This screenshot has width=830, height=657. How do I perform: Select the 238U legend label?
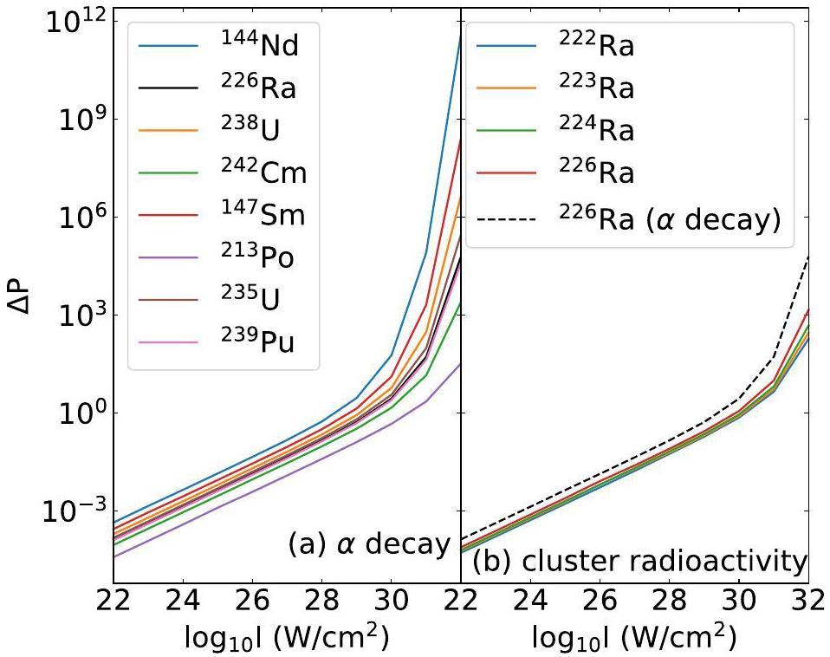pos(252,130)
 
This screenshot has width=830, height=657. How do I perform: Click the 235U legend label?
pos(251,300)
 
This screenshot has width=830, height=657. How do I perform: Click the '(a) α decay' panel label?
pos(369,544)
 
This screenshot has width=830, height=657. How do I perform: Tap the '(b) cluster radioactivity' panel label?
pos(639,562)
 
